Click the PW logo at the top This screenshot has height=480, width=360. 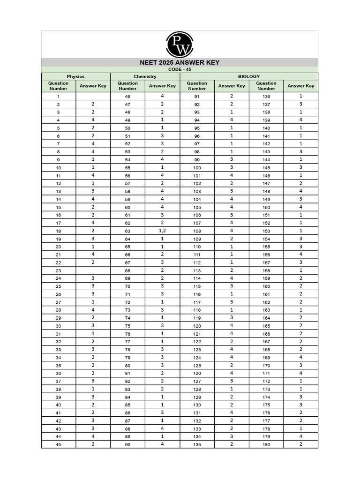click(x=180, y=44)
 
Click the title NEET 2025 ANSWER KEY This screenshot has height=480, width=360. click(x=180, y=62)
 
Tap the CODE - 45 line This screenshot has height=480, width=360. click(x=180, y=69)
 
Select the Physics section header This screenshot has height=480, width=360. click(x=76, y=76)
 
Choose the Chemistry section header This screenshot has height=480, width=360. click(x=145, y=76)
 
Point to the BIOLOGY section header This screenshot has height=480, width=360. click(x=249, y=76)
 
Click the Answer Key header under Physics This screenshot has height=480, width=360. click(x=93, y=86)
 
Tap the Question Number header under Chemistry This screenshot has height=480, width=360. click(x=127, y=86)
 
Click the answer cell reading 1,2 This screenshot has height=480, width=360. click(x=162, y=231)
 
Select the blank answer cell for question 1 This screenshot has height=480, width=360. click(x=93, y=96)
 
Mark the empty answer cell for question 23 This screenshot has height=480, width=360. click(x=93, y=270)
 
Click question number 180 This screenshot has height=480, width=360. click(x=266, y=444)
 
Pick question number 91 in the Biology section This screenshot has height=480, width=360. click(x=197, y=97)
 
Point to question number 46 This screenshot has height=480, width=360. click(x=127, y=97)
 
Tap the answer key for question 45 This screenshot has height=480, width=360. click(x=93, y=444)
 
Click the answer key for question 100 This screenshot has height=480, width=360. click(x=232, y=167)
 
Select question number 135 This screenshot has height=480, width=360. click(x=197, y=444)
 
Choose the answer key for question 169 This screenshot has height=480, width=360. click(x=300, y=357)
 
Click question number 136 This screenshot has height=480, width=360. click(x=266, y=97)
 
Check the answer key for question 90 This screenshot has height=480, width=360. click(x=162, y=444)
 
